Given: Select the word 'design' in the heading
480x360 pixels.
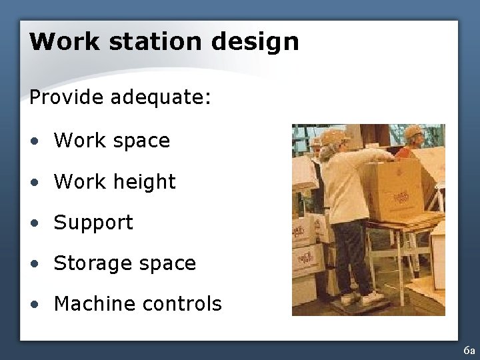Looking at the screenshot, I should (x=256, y=43).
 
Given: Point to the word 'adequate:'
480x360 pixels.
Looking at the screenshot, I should (x=161, y=99).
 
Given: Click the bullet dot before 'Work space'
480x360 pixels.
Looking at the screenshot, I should (x=34, y=141).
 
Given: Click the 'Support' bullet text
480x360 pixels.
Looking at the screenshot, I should (x=93, y=223).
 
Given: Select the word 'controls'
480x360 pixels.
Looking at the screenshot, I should (x=181, y=304).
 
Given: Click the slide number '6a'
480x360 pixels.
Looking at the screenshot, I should (x=469, y=351).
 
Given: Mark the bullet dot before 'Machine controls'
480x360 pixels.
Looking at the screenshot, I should (x=34, y=305).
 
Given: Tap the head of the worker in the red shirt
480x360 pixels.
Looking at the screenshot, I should (x=414, y=135).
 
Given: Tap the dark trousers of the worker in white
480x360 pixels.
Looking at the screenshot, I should (x=350, y=253).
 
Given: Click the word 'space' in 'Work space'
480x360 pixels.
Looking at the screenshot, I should (x=141, y=141).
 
